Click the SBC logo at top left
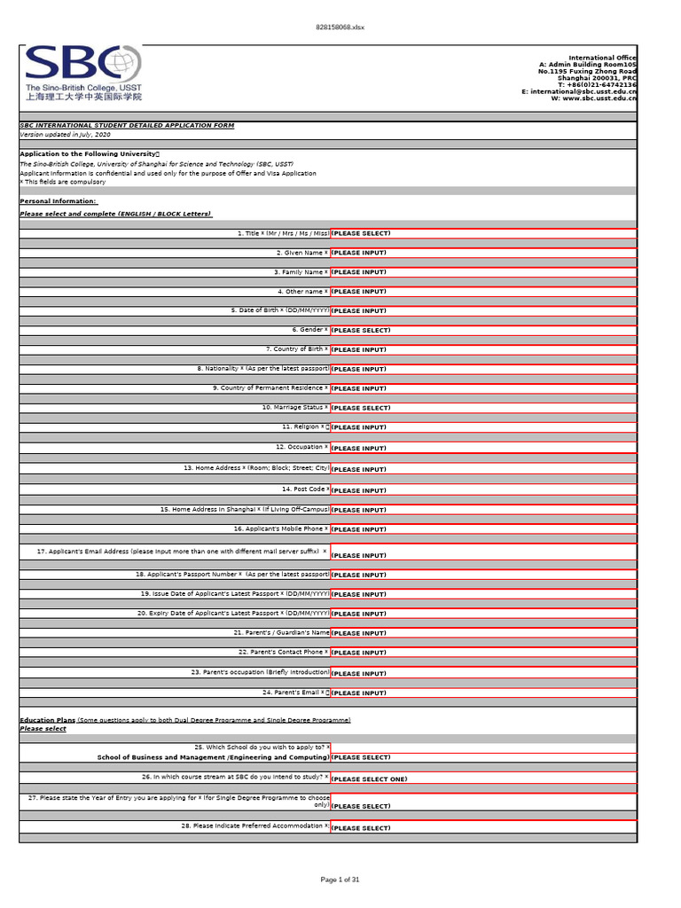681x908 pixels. click(x=82, y=73)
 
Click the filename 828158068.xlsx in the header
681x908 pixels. click(x=340, y=27)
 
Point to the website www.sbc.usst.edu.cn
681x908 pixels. click(x=599, y=98)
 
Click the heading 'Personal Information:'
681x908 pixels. click(x=58, y=201)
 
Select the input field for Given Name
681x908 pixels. click(x=483, y=253)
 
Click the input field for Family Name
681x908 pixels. click(x=483, y=272)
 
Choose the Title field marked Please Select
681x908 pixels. click(x=483, y=233)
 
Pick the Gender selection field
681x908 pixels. click(x=483, y=330)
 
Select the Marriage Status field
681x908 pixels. click(x=483, y=408)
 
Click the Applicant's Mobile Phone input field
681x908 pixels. click(x=483, y=529)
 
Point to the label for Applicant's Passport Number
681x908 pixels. click(x=232, y=575)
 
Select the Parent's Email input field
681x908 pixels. click(x=483, y=693)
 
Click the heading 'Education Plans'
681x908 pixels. click(x=46, y=720)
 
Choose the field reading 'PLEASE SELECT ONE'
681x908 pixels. click(x=483, y=779)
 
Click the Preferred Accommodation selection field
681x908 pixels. click(x=483, y=828)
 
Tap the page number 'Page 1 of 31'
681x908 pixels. click(x=340, y=879)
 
